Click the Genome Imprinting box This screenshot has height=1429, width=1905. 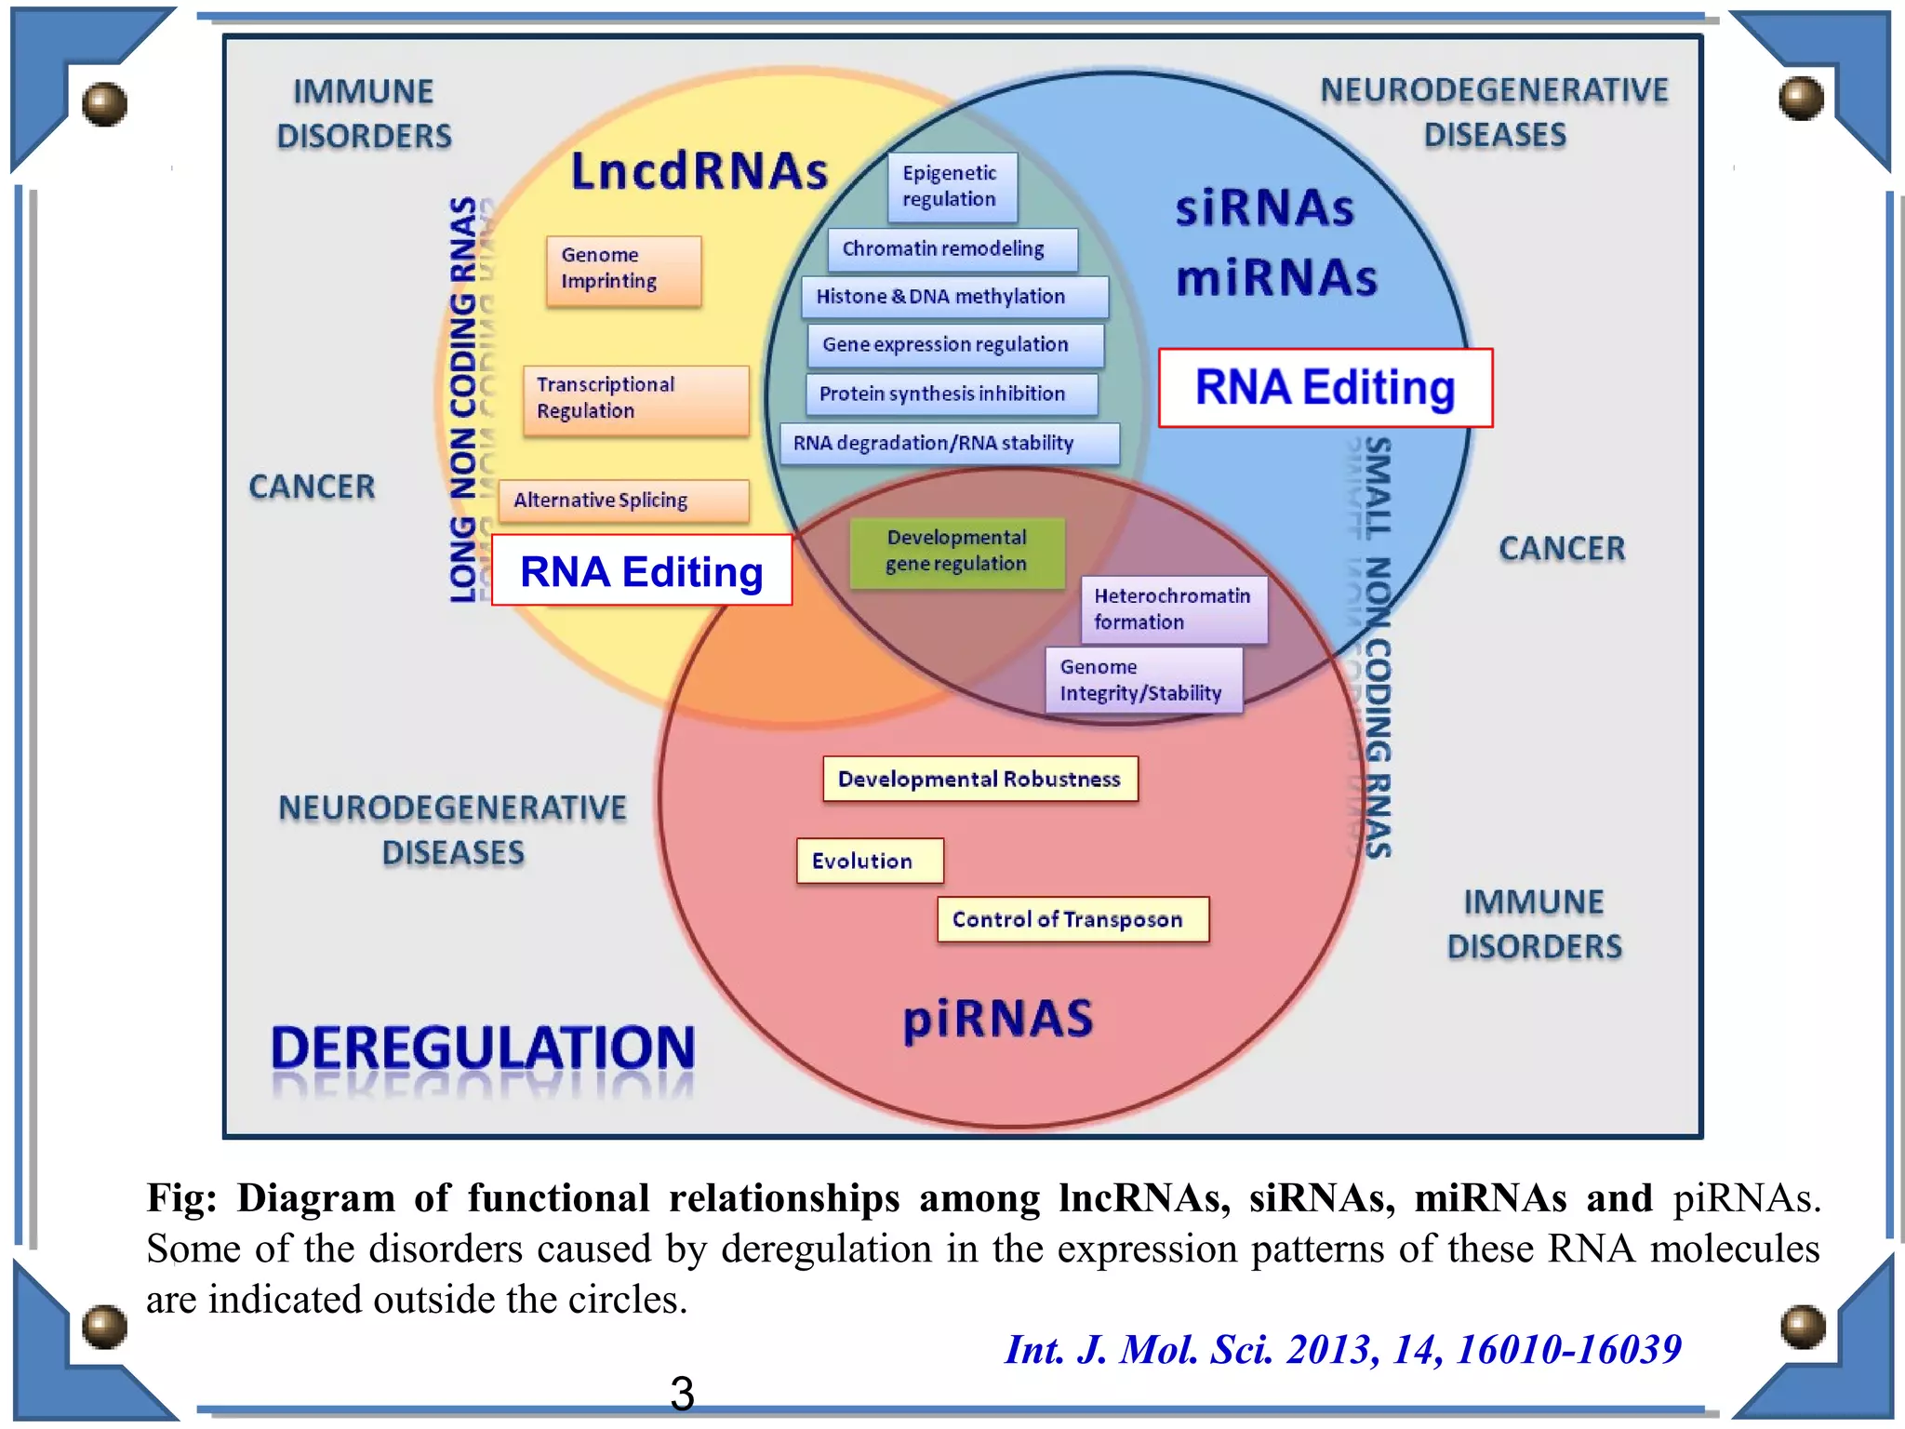pyautogui.click(x=623, y=270)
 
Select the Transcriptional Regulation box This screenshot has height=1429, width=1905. pyautogui.click(x=635, y=399)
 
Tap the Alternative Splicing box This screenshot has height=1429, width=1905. pyautogui.click(x=623, y=501)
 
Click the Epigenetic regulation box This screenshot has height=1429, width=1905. pyautogui.click(x=952, y=187)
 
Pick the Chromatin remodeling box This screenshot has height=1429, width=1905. pyautogui.click(x=952, y=249)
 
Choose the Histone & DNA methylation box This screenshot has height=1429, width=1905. pyautogui.click(x=953, y=297)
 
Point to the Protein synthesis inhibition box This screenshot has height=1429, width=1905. pyautogui.click(x=951, y=394)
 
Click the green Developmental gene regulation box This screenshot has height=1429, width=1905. pyautogui.click(x=956, y=552)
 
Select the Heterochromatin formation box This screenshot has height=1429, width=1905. pyautogui.click(x=1173, y=609)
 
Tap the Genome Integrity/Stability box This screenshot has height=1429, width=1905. pyautogui.click(x=1143, y=681)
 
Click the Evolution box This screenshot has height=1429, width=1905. pyautogui.click(x=869, y=861)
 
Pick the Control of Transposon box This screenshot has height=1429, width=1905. pyautogui.click(x=1072, y=919)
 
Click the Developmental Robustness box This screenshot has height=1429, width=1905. pyautogui.click(x=979, y=779)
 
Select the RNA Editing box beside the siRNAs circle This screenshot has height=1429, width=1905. pyautogui.click(x=1325, y=388)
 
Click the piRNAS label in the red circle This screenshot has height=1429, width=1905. pyautogui.click(x=998, y=1019)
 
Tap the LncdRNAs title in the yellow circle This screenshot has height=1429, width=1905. pyautogui.click(x=699, y=171)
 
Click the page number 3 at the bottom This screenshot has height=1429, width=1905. pyautogui.click(x=682, y=1393)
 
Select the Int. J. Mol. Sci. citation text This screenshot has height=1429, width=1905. pyautogui.click(x=1342, y=1350)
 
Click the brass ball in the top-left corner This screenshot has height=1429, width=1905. pyautogui.click(x=103, y=103)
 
